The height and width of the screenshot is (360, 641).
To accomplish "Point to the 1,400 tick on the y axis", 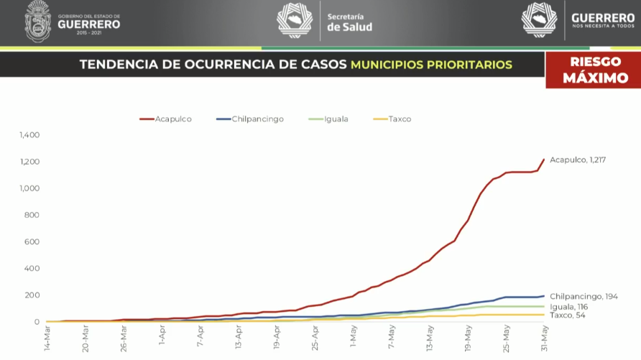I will (x=29, y=135).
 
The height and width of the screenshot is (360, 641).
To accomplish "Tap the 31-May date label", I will (x=545, y=336).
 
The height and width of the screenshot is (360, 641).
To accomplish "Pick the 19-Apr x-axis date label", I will (x=277, y=336).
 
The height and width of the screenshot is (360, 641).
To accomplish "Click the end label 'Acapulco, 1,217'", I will (x=577, y=160).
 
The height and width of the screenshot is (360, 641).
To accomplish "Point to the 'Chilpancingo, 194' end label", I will (x=584, y=296).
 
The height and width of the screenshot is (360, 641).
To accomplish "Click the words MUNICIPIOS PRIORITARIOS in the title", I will (x=431, y=65).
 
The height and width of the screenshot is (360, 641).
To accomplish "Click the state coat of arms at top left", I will (x=38, y=21).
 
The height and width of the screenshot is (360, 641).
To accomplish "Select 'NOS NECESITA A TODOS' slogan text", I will (x=603, y=27).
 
